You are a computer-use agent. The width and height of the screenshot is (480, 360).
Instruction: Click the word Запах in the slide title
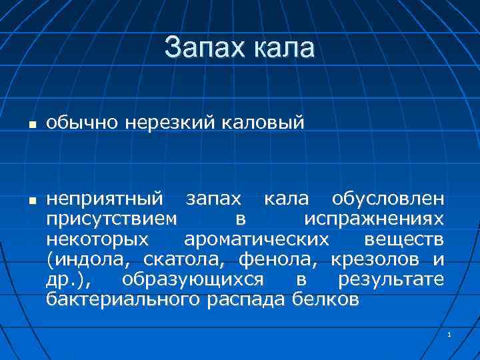click(203, 48)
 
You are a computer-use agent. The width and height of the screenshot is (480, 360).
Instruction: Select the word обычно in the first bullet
click(74, 123)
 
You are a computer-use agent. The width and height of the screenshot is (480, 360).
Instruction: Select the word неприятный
click(105, 199)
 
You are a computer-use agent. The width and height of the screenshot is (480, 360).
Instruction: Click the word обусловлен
click(387, 199)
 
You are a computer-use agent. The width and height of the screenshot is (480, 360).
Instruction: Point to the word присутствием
click(112, 219)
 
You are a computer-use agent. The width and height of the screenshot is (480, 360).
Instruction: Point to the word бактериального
click(122, 299)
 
